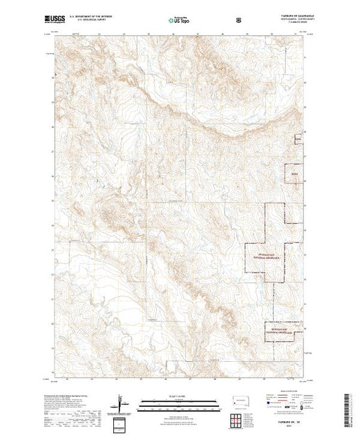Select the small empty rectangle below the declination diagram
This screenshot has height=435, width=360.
coord(120,423)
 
